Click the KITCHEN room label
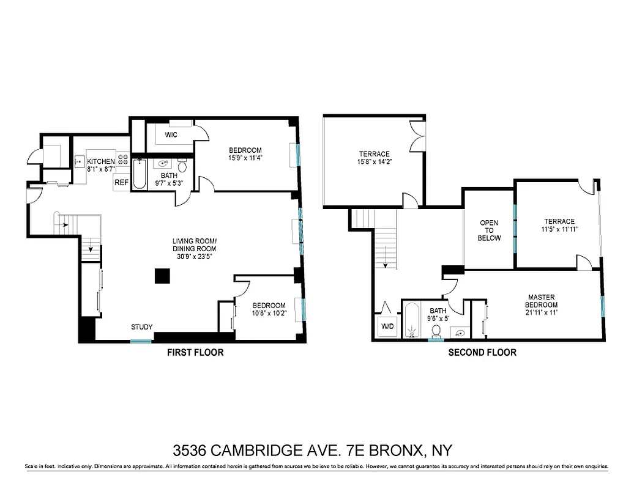[x=100, y=161]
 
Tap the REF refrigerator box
[x=121, y=182]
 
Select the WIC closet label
[x=171, y=134]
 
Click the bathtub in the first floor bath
[x=140, y=174]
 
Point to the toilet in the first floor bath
[x=182, y=167]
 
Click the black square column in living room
[x=162, y=276]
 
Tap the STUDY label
[x=142, y=327]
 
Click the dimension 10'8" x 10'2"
[x=269, y=314]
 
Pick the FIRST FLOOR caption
[x=196, y=353]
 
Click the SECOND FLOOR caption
[x=482, y=353]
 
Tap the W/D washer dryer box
[x=388, y=326]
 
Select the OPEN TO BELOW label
[x=490, y=230]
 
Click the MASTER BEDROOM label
[x=542, y=301]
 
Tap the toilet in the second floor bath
[x=436, y=331]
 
